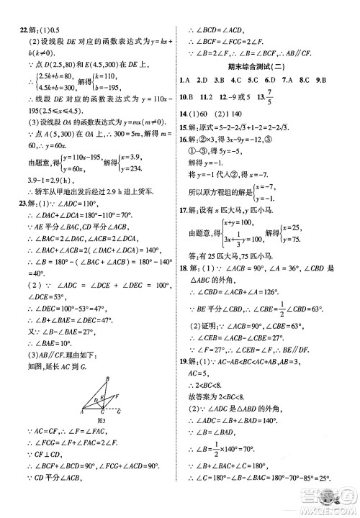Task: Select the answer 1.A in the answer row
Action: [x=186, y=80]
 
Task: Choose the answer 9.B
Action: [x=342, y=80]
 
